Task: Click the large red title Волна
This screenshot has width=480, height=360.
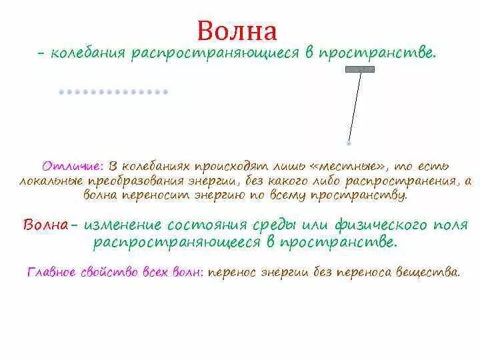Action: pos(237,31)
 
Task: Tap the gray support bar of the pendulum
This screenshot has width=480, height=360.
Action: pos(359,69)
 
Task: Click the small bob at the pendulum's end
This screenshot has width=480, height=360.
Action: pos(349,142)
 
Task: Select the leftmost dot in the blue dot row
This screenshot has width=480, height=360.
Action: pos(61,91)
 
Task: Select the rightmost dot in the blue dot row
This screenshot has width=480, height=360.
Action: pos(165,91)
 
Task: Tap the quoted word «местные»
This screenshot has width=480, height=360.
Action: pos(353,165)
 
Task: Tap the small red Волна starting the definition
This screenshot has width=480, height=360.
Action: pos(45,225)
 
